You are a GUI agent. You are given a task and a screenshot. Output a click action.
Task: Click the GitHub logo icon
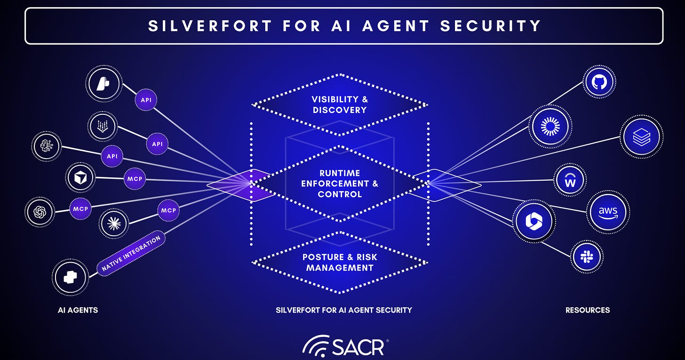pos(599,82)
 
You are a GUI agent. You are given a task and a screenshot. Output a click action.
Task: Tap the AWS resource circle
pos(608,211)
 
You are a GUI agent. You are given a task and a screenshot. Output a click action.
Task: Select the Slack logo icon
pos(587,256)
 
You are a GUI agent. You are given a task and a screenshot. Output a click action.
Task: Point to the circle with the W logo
pos(570,180)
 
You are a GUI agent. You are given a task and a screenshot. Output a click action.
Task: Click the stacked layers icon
pos(641,136)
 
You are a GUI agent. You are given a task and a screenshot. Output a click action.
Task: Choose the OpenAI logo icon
pos(40,213)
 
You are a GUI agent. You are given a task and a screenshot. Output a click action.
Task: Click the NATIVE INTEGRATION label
pos(132,253)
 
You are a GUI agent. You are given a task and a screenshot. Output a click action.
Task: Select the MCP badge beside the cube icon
pos(135,179)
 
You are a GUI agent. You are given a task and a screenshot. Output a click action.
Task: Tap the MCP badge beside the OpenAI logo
pos(80,208)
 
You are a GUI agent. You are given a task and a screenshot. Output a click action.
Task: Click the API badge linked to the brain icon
pos(112,156)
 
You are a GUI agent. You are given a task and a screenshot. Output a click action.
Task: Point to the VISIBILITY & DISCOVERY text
pos(339,104)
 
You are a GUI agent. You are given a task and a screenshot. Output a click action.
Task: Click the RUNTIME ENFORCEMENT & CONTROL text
pos(339,183)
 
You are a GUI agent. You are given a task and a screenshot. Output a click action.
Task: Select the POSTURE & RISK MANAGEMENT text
pos(339,263)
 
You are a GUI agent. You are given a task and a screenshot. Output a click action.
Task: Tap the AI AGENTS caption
pos(78,310)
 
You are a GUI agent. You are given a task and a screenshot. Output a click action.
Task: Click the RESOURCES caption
pos(588,310)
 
